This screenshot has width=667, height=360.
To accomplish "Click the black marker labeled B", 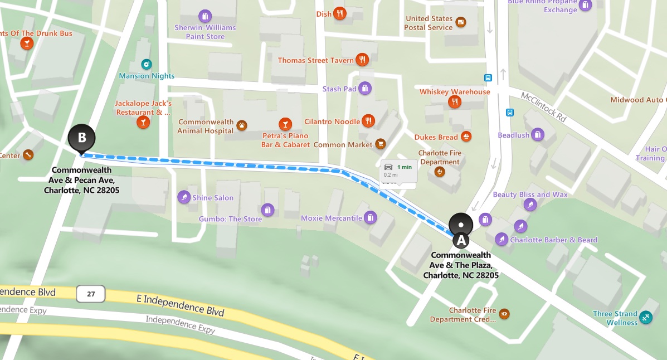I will (82, 138).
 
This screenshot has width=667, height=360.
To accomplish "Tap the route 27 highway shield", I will (91, 294).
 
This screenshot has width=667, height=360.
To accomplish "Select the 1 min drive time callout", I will (399, 171).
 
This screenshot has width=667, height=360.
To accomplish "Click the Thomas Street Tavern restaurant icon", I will (363, 60).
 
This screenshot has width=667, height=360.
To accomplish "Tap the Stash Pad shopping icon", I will (365, 89).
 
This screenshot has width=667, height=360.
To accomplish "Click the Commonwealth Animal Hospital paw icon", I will (242, 125).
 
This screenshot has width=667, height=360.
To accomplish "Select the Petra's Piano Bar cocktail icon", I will (285, 123).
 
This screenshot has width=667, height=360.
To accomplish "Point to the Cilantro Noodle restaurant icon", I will (368, 121).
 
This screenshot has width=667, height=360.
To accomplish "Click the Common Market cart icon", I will (381, 144).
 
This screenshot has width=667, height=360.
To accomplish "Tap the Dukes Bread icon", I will (466, 137).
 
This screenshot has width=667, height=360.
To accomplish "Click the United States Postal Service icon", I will (461, 22).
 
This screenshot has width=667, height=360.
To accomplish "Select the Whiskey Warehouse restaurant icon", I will (455, 102).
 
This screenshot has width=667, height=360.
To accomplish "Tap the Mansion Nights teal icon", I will (147, 65).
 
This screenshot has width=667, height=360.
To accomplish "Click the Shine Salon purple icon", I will (184, 197).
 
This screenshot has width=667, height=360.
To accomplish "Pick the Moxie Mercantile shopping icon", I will (371, 218).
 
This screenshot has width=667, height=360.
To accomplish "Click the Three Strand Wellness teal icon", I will (646, 317).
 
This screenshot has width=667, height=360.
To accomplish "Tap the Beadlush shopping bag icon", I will (537, 135).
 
